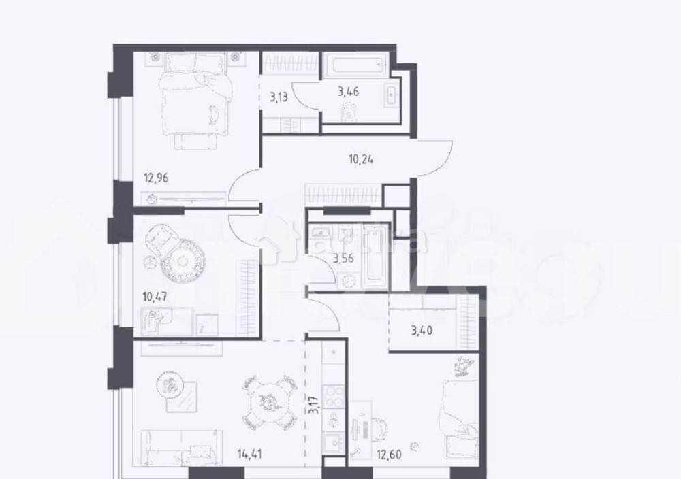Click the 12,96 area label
[x=156, y=179]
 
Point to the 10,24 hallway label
[x=361, y=161]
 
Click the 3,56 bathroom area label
[x=342, y=257]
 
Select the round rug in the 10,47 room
[x=183, y=259]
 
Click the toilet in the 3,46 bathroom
[x=349, y=112]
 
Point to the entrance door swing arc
[x=436, y=156]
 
